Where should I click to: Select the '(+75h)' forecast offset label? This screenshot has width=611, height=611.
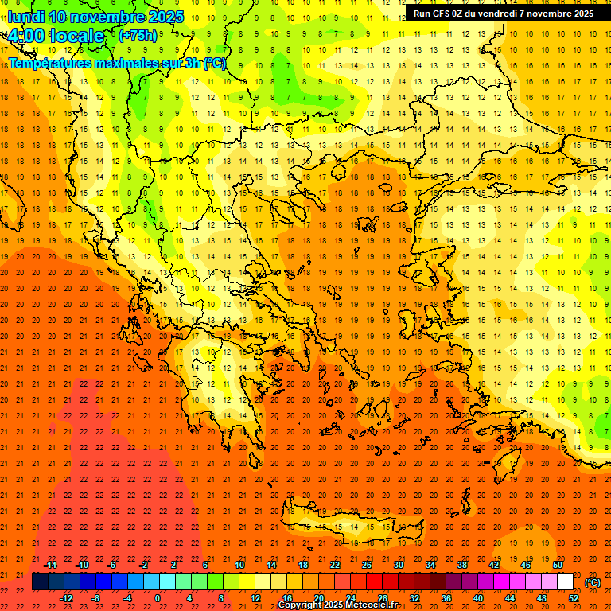click(138, 36)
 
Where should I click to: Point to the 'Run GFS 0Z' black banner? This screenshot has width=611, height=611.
click(504, 14)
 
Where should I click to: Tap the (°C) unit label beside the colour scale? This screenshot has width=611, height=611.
click(593, 582)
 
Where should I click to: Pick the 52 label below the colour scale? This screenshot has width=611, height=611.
click(574, 598)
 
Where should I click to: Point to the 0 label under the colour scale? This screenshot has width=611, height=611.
click(158, 598)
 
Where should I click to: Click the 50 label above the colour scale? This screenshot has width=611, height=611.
click(558, 565)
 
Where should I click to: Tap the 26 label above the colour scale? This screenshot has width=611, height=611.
click(367, 565)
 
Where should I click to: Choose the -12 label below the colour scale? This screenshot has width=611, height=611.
click(66, 598)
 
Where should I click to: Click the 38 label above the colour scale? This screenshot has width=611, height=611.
click(462, 565)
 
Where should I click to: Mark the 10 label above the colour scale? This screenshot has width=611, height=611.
click(239, 565)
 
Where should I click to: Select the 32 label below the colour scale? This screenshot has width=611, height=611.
click(414, 598)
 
